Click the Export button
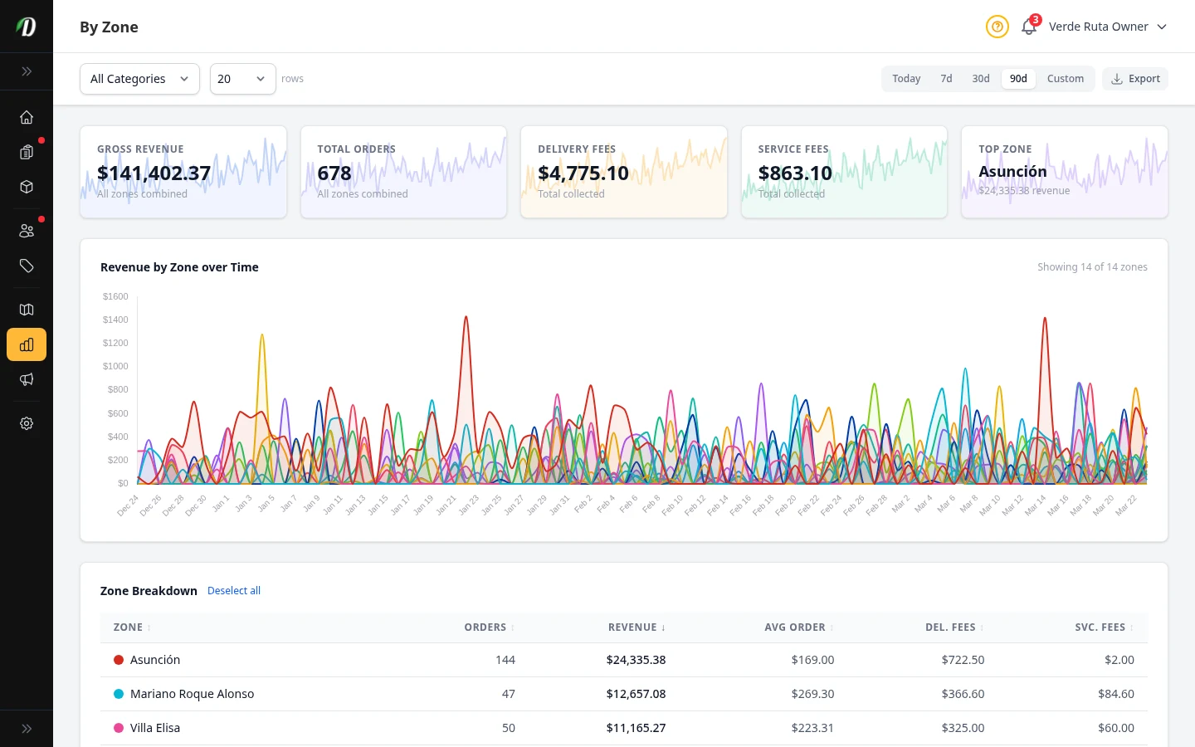coord(1135,79)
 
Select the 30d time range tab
coord(981,79)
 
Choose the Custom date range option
coord(1065,79)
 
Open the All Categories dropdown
coord(139,79)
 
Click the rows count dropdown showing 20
coord(242,79)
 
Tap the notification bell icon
coord(1029,27)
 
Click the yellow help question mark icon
coord(997,27)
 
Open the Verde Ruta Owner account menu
coord(1107,27)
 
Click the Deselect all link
coord(234,591)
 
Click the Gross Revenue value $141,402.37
coord(154,173)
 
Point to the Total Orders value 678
coord(334,173)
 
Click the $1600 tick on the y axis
coord(115,296)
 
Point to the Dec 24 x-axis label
coord(129,505)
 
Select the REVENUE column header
coord(636,627)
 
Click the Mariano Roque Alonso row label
coord(192,694)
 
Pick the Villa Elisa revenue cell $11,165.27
coord(636,728)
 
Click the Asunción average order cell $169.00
coord(812,660)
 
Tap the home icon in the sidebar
coord(27,117)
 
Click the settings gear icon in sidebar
coord(27,423)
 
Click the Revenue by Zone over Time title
coord(179,267)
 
